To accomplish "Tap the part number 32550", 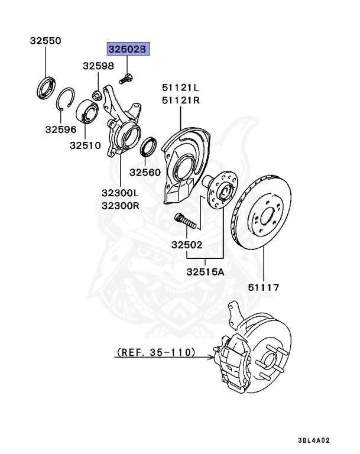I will (x=46, y=41).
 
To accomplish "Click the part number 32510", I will (x=85, y=144).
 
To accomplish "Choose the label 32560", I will (x=145, y=172).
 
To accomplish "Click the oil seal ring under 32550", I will (x=46, y=86).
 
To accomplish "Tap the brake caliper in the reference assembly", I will (x=235, y=358).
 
